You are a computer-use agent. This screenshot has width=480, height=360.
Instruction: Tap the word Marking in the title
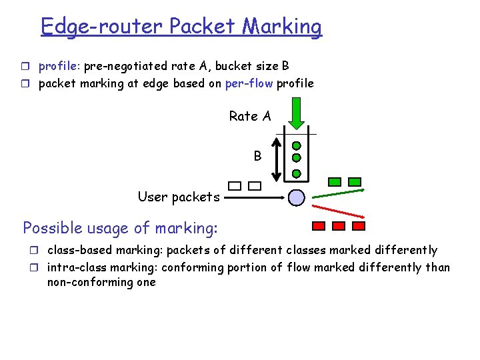coord(281,27)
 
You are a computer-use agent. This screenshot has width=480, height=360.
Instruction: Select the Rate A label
coord(250,116)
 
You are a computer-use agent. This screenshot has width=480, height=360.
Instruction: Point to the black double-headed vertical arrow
coord(279,159)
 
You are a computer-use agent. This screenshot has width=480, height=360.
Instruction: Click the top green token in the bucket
coord(297,145)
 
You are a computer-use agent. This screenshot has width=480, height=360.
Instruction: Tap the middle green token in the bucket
coord(297,159)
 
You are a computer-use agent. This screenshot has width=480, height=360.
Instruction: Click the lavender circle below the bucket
coord(297,197)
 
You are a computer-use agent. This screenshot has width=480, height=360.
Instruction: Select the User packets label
coord(178,197)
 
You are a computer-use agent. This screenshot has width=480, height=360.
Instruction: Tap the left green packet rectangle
coord(335,181)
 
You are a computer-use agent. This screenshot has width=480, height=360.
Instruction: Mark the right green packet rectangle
coord(355,181)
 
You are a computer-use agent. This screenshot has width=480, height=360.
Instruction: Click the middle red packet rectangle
coord(338,226)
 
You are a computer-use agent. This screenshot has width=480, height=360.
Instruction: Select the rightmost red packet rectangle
coord(357,226)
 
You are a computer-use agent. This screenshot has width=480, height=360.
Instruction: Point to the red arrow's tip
coord(365,217)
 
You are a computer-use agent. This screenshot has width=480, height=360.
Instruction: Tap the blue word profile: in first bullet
coord(59,66)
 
